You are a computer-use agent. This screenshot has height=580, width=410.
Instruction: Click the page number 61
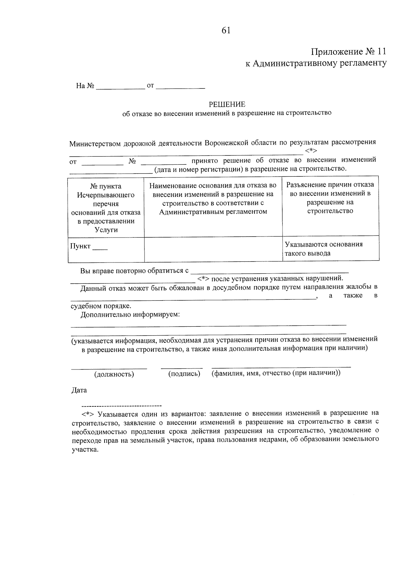[226, 30]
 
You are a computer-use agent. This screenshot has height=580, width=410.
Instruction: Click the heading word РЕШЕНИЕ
[227, 104]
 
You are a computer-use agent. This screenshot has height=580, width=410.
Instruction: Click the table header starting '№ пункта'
[106, 208]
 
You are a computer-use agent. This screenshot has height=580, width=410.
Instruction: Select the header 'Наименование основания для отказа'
[213, 199]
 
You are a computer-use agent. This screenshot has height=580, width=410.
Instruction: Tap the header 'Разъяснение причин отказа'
[330, 198]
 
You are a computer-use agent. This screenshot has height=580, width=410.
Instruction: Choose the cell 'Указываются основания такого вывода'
[324, 249]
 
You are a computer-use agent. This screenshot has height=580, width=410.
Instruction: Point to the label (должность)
[114, 374]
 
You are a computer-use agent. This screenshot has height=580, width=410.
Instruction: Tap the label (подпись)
[184, 374]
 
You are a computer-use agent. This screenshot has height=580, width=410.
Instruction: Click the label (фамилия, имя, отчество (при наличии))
[276, 373]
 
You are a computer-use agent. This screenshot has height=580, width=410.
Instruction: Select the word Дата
[79, 390]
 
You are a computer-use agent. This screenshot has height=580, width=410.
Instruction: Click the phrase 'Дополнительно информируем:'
[130, 314]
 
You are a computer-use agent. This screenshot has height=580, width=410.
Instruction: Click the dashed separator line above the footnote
[121, 406]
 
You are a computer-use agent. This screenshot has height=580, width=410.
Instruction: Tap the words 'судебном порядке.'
[101, 306]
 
